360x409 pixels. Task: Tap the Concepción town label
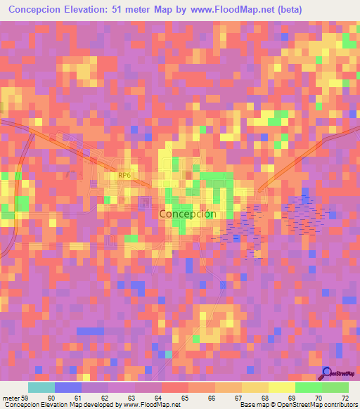[187, 214]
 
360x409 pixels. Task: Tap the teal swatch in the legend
[41, 387]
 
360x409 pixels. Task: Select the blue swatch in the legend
[67, 387]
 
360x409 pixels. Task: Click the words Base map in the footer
[252, 405]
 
